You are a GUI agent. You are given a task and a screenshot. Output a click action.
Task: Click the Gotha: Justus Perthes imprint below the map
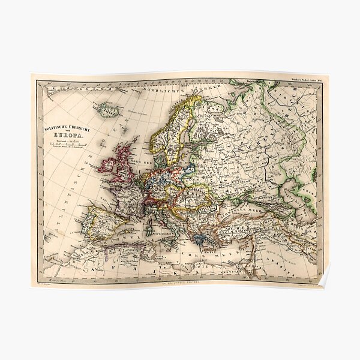tap(179, 282)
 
